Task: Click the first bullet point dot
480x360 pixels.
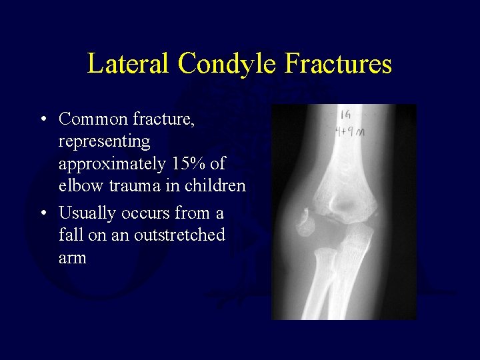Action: point(42,120)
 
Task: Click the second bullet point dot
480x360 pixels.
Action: point(42,214)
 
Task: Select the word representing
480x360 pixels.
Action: point(104,142)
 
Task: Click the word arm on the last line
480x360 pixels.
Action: point(73,258)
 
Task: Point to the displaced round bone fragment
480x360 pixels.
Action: point(305,223)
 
